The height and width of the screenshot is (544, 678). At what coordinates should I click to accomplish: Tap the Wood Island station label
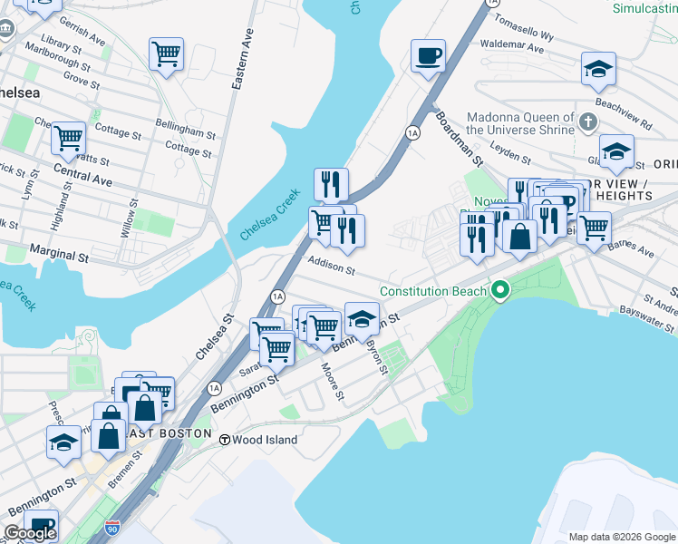coord(265,440)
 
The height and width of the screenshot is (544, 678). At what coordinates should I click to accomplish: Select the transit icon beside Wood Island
coord(223,439)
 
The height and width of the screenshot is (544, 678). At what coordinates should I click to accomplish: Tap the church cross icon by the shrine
coord(587,121)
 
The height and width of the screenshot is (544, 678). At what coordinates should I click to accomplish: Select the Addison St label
coord(331,264)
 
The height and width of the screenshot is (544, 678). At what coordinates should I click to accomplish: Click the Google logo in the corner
coord(30,533)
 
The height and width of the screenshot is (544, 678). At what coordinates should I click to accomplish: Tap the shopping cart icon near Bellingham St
coord(166,55)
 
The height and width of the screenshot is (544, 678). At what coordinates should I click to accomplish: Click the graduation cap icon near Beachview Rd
coord(598,68)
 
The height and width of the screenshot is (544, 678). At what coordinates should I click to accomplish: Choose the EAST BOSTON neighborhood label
coord(174,433)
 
